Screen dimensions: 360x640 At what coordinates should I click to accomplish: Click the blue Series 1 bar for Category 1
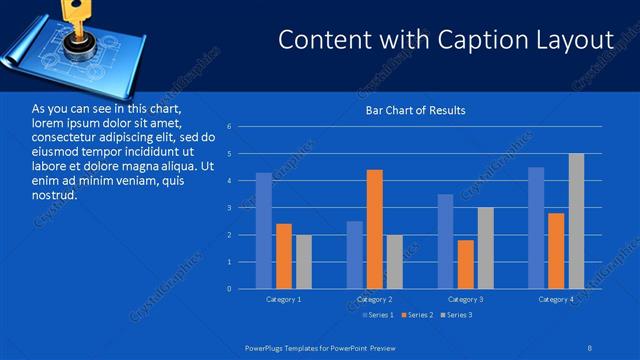263,231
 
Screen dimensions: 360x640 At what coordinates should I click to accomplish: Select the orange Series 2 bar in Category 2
375,229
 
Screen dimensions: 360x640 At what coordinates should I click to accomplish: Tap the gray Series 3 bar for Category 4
576,221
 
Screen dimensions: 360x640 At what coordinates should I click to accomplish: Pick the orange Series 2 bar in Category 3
466,264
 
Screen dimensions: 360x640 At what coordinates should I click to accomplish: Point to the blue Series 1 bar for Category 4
536,228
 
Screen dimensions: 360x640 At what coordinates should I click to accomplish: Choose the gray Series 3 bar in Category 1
303,262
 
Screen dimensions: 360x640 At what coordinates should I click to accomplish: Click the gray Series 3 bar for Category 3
485,248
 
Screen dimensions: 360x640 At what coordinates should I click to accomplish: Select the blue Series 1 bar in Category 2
355,255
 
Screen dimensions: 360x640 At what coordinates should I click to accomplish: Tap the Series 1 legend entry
378,315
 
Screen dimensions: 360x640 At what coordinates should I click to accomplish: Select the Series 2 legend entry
419,315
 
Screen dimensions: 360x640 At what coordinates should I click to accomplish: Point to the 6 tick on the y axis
230,127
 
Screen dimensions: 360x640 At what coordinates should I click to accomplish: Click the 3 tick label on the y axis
230,208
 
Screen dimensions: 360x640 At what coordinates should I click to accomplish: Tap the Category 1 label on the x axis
284,299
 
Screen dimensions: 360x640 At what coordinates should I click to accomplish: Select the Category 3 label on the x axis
466,299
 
